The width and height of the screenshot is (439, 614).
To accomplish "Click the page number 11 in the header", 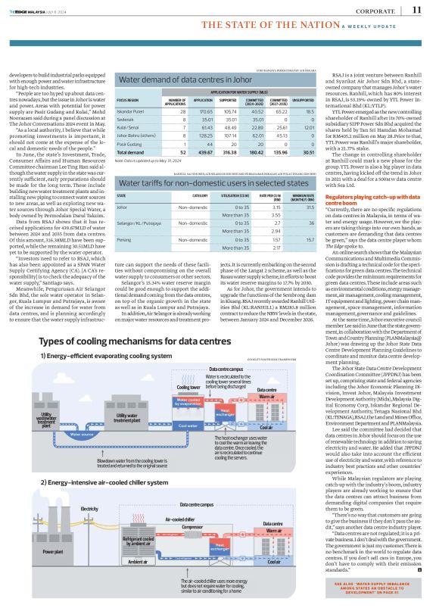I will tap(417, 9).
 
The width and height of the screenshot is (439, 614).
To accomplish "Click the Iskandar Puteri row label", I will tap(128, 111).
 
